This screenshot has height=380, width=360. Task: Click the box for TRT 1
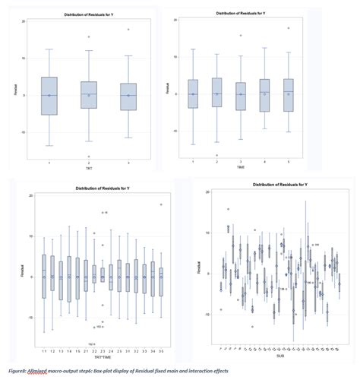(x=49, y=96)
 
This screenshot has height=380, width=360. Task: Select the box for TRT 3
(x=128, y=97)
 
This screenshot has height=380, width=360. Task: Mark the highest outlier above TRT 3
(x=128, y=30)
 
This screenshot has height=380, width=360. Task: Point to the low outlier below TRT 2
(x=89, y=157)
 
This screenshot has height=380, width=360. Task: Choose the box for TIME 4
(x=264, y=95)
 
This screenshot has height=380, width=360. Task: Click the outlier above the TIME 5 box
(x=288, y=28)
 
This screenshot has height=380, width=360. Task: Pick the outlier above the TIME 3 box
(x=241, y=35)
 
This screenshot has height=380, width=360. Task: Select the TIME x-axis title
(x=241, y=168)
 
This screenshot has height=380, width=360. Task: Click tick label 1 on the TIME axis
(x=193, y=162)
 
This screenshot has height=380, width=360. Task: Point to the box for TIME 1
(x=193, y=92)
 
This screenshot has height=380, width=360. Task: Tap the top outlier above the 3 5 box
(x=161, y=204)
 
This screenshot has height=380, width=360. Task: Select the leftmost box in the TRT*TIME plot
(x=43, y=277)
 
